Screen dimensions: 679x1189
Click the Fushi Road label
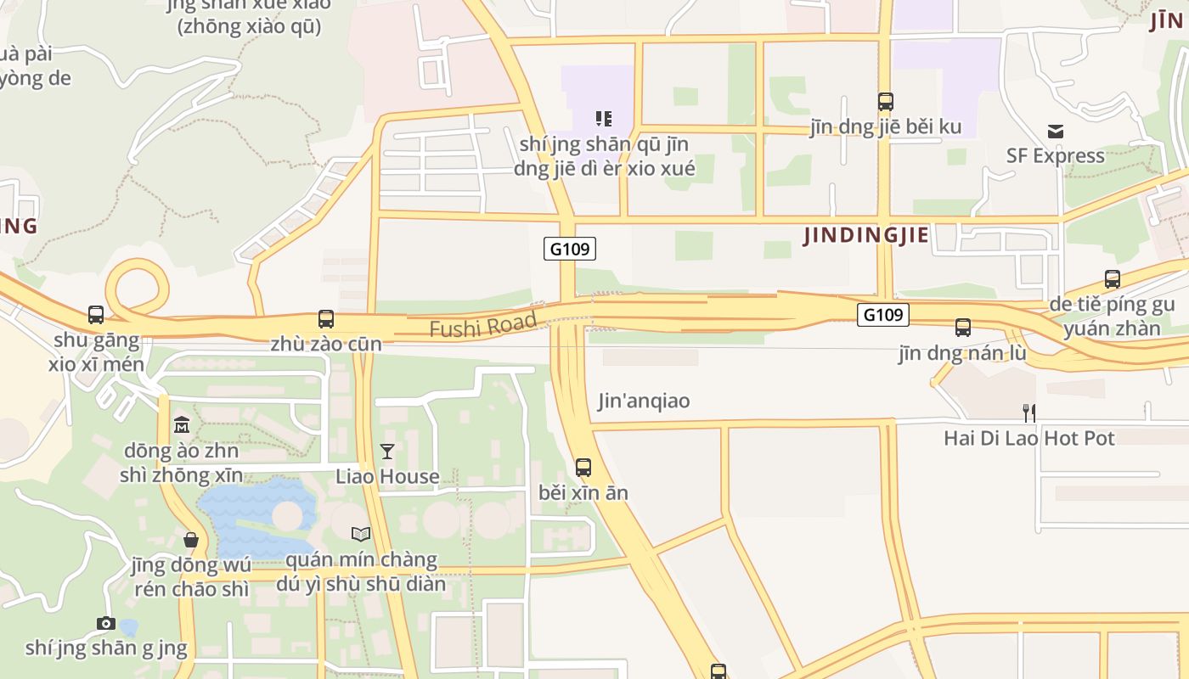coord(482,324)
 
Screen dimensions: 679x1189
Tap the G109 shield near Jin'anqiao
coord(569,249)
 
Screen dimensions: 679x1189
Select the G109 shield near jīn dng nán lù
coord(882,315)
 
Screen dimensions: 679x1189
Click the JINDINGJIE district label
coord(866,235)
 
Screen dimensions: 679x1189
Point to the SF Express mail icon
coord(1056,132)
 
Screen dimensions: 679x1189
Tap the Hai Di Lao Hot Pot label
coord(1029,438)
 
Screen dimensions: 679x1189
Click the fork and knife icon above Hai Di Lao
coord(1028,413)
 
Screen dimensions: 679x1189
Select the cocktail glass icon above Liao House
coord(387,452)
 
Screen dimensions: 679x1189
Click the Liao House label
coord(387,476)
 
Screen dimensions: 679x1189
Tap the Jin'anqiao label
coord(644,401)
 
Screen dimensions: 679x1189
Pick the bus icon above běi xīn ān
coord(583,468)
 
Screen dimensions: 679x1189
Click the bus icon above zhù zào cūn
coord(326,319)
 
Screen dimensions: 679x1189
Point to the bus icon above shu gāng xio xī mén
coord(96,315)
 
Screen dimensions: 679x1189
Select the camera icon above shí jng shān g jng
coord(106,624)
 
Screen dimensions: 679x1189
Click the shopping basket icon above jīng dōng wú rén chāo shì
coord(191,540)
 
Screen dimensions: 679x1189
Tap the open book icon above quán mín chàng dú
coord(361,534)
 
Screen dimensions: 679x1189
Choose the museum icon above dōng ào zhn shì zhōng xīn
coord(182,424)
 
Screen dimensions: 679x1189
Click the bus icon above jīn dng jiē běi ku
coord(886,102)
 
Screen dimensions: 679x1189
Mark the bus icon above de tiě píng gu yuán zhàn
coord(1112,278)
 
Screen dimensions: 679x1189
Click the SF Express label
coord(1056,156)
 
